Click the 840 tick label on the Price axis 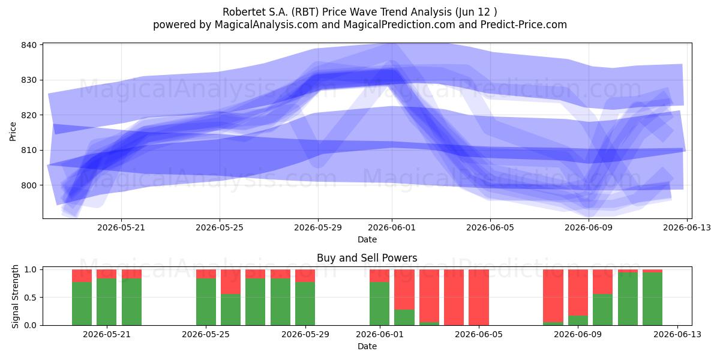tap(29, 45)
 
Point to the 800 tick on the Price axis tap(41, 185)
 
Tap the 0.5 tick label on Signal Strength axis tap(31, 298)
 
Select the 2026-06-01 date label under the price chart tap(392, 227)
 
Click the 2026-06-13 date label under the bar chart tap(677, 334)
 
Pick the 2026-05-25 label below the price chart tap(220, 227)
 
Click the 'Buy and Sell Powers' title tap(367, 258)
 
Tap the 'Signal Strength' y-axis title tap(15, 296)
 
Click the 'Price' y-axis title tap(13, 131)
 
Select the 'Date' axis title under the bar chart tap(367, 346)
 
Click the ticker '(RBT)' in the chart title tap(305, 12)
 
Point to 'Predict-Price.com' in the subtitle tap(524, 25)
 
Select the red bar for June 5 tap(479, 298)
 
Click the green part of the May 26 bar tap(230, 310)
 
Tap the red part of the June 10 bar tap(602, 281)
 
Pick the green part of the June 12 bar tap(653, 299)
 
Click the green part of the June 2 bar tap(404, 317)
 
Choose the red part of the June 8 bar tap(553, 296)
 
